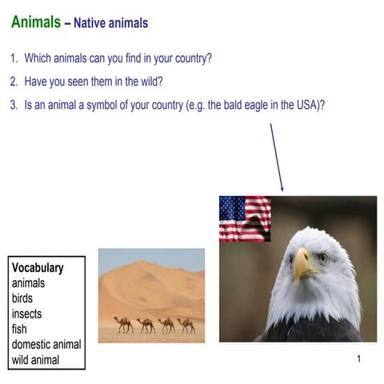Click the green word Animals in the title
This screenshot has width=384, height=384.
click(35, 22)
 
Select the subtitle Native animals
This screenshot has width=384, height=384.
click(110, 23)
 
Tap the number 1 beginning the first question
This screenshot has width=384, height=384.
click(14, 58)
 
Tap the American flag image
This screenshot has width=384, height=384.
click(245, 218)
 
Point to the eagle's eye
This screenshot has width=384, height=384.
click(322, 258)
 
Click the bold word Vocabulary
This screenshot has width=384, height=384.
click(38, 268)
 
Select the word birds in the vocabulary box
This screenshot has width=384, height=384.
click(22, 298)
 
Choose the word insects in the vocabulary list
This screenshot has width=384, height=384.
click(26, 314)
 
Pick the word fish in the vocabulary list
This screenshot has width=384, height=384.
click(19, 329)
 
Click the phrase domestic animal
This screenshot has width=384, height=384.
click(46, 345)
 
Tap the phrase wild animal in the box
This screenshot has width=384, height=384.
click(35, 360)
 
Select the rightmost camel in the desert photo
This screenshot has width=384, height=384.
click(186, 325)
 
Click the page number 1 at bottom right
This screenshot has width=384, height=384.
click(359, 358)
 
